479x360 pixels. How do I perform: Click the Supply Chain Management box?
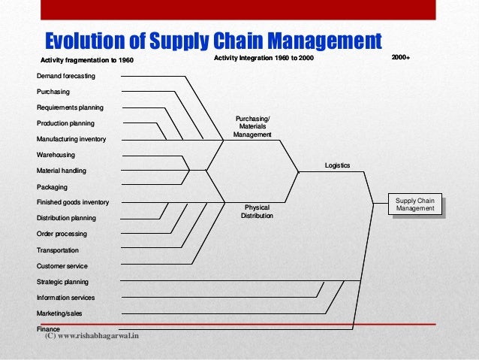tap(415, 204)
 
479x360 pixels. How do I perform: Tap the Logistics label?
tap(337, 165)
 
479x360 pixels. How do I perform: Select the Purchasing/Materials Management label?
tap(252, 126)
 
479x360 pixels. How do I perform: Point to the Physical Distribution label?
tap(257, 211)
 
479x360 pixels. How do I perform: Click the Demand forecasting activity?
tap(66, 76)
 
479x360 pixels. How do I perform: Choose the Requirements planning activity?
tap(70, 107)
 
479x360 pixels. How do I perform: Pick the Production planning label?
tap(65, 123)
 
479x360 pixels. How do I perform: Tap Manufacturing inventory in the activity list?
tap(71, 139)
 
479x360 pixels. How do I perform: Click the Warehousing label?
tap(56, 155)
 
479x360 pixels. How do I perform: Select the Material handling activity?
tap(62, 171)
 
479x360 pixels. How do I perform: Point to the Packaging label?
tap(52, 186)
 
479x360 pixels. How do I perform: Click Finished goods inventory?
tap(73, 202)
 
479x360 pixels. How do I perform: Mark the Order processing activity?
tap(62, 234)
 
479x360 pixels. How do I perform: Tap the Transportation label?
tap(57, 250)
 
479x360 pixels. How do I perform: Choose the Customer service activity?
tap(62, 266)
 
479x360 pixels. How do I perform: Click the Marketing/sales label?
tap(60, 313)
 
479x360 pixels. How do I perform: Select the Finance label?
tap(48, 329)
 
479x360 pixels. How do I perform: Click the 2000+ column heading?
tap(401, 58)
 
